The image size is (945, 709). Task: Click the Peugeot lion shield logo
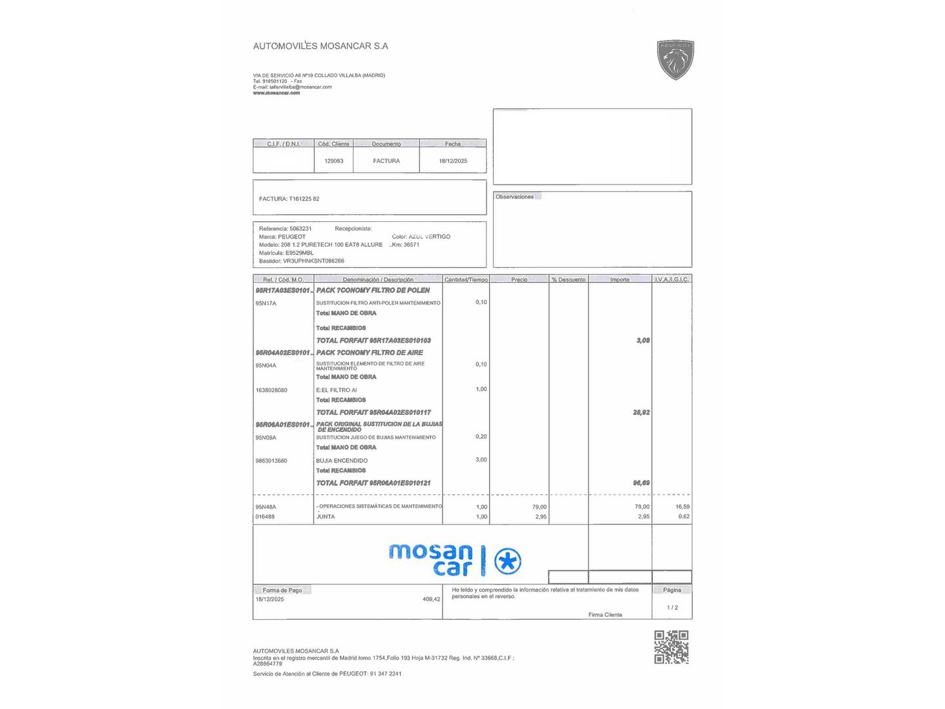(675, 60)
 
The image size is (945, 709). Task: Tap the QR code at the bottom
(671, 647)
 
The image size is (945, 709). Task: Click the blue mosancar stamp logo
(455, 560)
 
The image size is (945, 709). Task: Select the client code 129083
(333, 161)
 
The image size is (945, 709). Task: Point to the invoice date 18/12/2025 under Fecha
(453, 161)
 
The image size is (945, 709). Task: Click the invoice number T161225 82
(304, 199)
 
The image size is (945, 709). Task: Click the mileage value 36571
(411, 245)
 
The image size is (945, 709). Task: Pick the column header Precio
(519, 280)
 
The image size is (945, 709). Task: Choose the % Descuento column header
(568, 280)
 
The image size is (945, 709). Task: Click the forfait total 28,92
(641, 413)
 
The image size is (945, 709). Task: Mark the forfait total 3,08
(642, 341)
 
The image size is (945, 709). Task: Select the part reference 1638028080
(271, 390)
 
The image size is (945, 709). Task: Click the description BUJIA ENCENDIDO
(341, 461)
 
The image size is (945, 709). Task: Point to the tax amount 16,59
(682, 507)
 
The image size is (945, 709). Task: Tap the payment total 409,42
(431, 599)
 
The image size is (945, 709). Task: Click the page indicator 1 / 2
(672, 608)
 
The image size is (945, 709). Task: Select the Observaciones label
(514, 197)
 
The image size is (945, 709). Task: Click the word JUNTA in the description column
(325, 517)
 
